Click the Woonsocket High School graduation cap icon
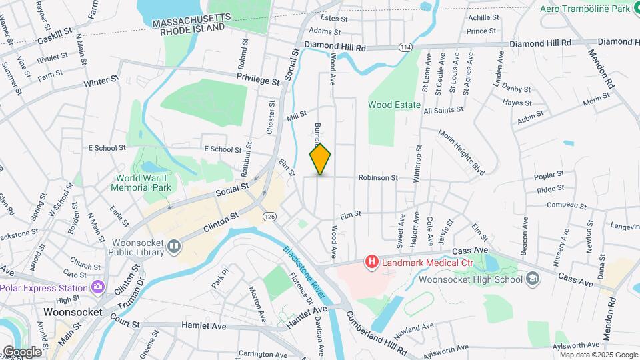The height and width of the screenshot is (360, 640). click(x=533, y=279)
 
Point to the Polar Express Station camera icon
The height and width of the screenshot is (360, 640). click(x=99, y=287)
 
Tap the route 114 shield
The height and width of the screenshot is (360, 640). click(x=405, y=47)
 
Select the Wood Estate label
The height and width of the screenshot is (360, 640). click(x=394, y=105)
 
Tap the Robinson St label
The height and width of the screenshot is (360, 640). click(x=378, y=178)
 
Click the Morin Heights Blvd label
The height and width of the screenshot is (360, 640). click(x=461, y=149)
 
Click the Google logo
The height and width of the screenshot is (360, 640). click(x=22, y=351)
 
